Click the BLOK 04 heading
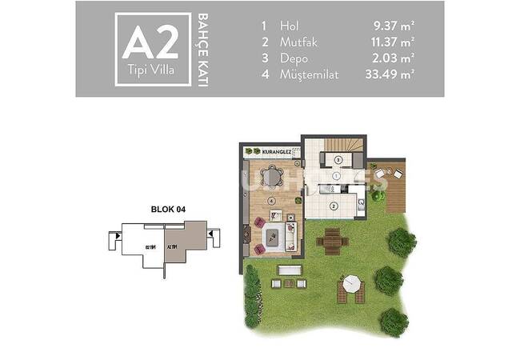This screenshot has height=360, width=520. tap(168, 210)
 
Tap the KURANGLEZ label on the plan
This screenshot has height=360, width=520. tap(266, 150)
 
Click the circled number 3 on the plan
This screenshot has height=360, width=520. tap(338, 160)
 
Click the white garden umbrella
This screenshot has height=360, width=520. tap(352, 282)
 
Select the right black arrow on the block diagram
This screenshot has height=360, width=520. tap(213, 234)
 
